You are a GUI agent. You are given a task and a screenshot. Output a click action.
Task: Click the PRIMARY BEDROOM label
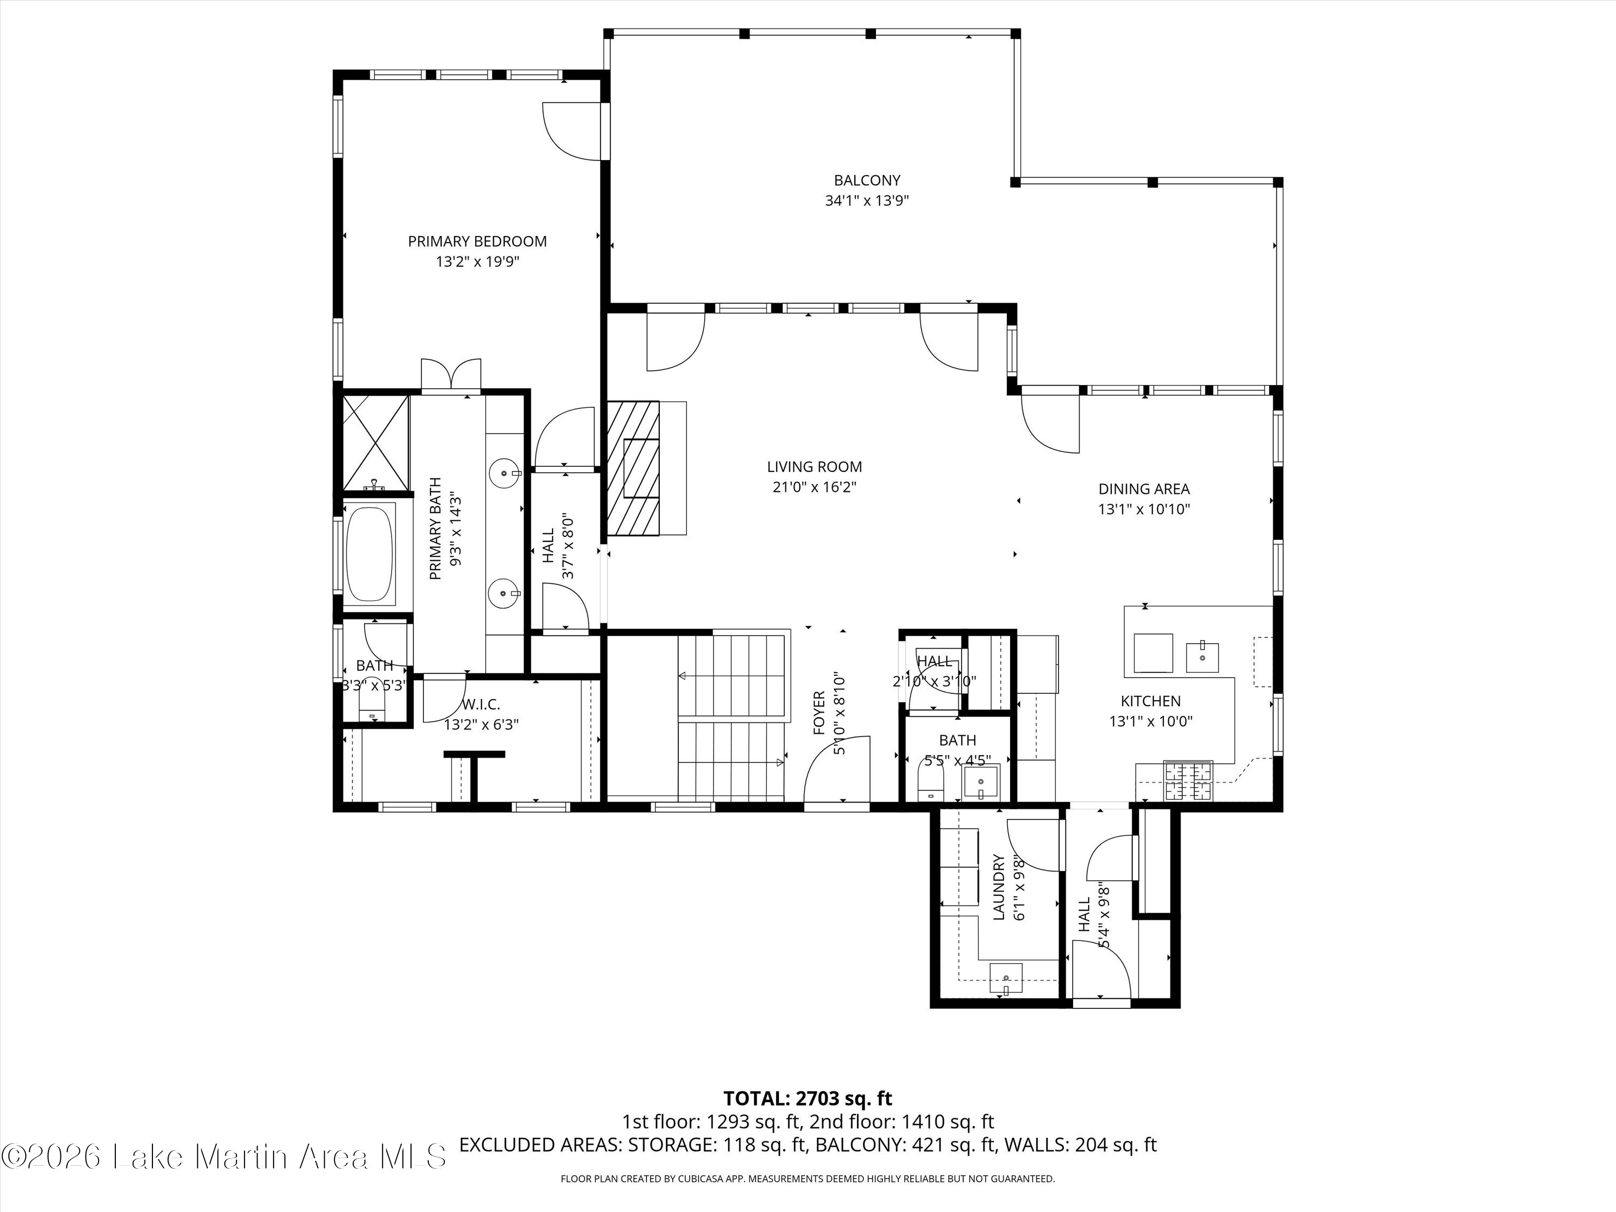[477, 241]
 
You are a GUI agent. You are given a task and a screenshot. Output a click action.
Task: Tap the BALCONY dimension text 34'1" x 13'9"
[867, 201]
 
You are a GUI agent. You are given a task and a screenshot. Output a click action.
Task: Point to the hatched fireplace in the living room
[633, 468]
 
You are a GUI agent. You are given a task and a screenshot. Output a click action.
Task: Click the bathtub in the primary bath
[370, 553]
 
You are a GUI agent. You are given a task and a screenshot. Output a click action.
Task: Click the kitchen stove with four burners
[1187, 780]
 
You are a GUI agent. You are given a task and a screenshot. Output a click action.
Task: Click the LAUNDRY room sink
[1006, 978]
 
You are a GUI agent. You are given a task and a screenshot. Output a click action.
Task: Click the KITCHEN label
[1150, 701]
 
